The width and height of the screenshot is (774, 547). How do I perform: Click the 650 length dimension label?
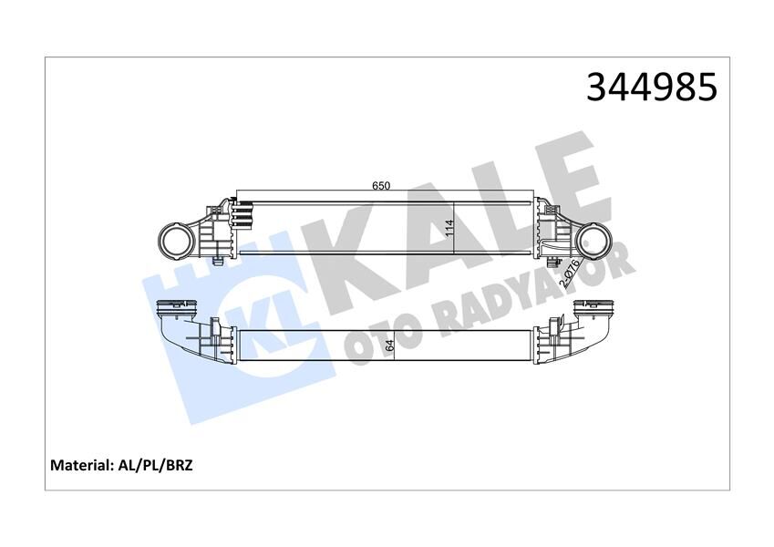tap(381, 185)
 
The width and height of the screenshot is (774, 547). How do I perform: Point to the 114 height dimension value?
tap(449, 227)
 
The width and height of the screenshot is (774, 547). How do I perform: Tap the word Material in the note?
tap(80, 465)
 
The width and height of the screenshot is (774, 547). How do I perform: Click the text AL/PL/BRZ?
tap(154, 465)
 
